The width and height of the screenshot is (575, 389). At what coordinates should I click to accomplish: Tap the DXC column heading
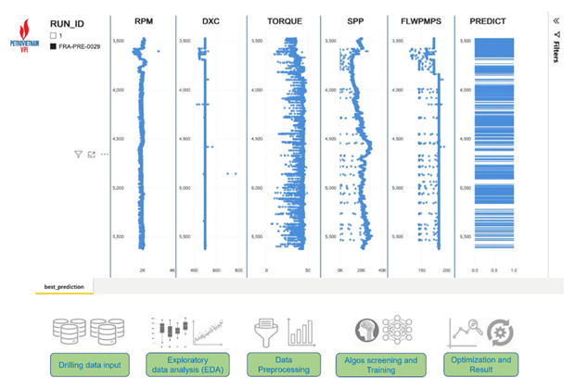(211, 20)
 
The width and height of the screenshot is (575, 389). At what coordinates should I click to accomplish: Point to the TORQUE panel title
(283, 20)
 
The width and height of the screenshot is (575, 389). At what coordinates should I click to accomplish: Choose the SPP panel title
(354, 20)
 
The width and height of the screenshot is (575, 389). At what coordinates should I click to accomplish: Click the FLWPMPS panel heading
(426, 20)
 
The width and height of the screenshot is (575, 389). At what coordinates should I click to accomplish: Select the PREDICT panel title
(496, 20)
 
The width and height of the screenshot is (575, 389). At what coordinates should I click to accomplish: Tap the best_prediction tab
(64, 287)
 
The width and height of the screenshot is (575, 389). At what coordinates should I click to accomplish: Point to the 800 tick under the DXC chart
(238, 271)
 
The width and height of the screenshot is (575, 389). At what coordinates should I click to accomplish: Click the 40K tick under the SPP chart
(381, 271)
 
